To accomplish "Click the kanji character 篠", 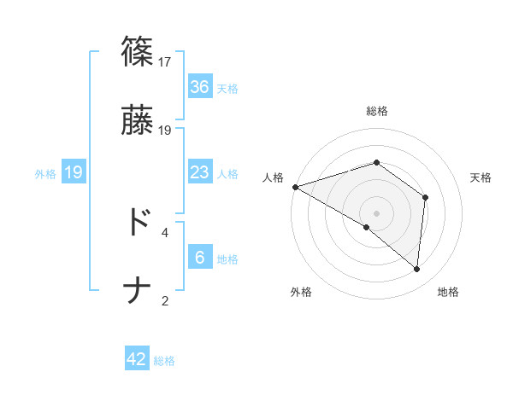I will click(x=137, y=52).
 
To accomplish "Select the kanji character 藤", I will click(x=137, y=120).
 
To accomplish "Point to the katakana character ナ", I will click(x=137, y=291).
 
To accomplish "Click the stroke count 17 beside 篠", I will click(x=166, y=62).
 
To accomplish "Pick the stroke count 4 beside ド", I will click(x=165, y=232).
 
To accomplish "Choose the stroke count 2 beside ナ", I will click(x=165, y=300).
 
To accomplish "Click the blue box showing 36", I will click(x=199, y=87).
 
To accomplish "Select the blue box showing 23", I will click(x=199, y=172).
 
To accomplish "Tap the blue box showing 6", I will click(x=199, y=258).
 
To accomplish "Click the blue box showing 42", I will click(x=137, y=359).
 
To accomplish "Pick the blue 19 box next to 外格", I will click(x=74, y=172).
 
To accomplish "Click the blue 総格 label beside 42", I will click(x=164, y=361).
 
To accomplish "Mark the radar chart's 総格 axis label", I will click(x=376, y=112).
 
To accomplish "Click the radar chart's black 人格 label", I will click(x=273, y=177).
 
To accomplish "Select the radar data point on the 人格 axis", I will click(x=294, y=186).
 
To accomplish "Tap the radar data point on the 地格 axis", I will click(x=417, y=269).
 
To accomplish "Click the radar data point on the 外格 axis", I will click(x=367, y=227).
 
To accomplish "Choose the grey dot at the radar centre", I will click(x=376, y=212).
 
